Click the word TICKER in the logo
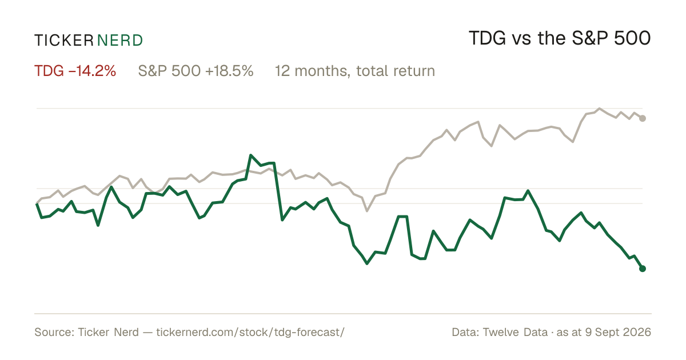(x=63, y=41)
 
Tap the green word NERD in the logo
(x=119, y=41)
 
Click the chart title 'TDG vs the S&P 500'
(x=560, y=38)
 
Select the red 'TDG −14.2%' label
(x=75, y=71)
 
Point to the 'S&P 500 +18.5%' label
(x=196, y=71)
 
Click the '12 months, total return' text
(x=354, y=71)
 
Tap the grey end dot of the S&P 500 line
(x=643, y=118)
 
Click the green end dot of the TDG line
(x=643, y=269)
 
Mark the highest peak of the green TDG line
(x=251, y=155)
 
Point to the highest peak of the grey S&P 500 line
(x=599, y=109)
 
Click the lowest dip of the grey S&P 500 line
(x=367, y=211)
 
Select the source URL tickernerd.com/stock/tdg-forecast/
(x=250, y=332)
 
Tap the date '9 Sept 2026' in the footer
(x=618, y=332)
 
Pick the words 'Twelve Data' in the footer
(x=515, y=332)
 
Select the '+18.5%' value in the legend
(x=229, y=71)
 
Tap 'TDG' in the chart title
(x=487, y=38)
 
